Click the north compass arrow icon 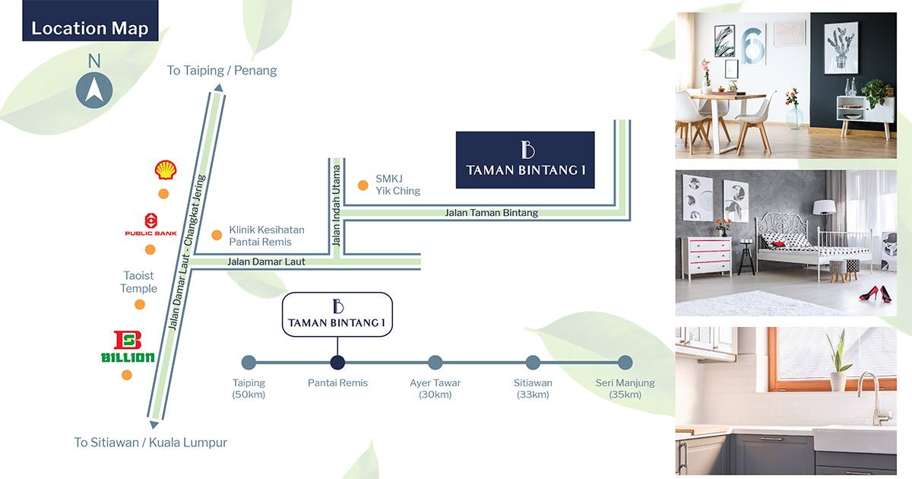point(94,90)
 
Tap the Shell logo point(166,170)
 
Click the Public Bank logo point(151,225)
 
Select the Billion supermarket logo point(128,346)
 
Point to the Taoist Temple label point(138,282)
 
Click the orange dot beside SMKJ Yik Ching point(363,186)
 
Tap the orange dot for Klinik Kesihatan point(217,235)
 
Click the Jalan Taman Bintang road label point(491,213)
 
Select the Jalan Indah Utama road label point(336,205)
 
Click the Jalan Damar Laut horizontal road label point(266,262)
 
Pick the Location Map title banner point(90,21)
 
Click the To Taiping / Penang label point(222,71)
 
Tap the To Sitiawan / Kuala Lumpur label point(150,443)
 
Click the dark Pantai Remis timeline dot point(337,363)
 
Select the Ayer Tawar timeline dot point(435,363)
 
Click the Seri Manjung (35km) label point(625,389)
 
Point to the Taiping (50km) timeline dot point(249,363)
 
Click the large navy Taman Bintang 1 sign point(525,160)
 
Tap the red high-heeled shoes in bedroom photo point(875,294)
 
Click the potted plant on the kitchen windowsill point(838,360)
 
